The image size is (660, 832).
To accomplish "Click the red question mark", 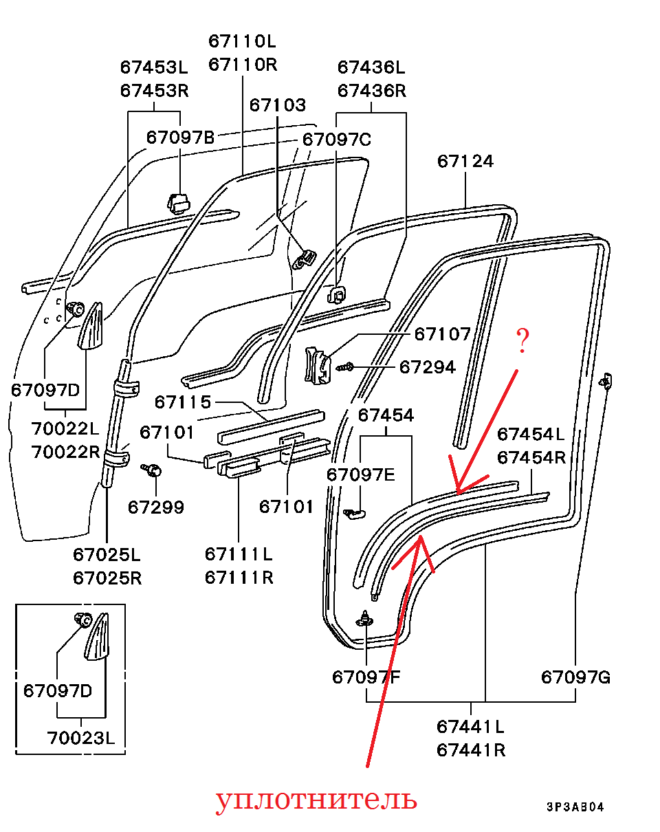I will pyautogui.click(x=522, y=341).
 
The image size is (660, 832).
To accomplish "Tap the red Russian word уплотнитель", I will pyautogui.click(x=316, y=800).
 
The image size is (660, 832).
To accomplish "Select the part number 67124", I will pyautogui.click(x=465, y=161).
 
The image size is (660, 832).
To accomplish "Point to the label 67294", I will pyautogui.click(x=428, y=367).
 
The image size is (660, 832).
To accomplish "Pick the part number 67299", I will pyautogui.click(x=156, y=507).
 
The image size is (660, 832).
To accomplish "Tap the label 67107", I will pyautogui.click(x=443, y=335).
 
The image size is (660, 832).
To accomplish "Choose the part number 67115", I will pyautogui.click(x=183, y=402).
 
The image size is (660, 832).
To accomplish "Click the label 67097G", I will pyautogui.click(x=575, y=677).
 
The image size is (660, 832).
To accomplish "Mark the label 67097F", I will pyautogui.click(x=366, y=677).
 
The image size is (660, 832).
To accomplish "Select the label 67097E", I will pyautogui.click(x=361, y=474).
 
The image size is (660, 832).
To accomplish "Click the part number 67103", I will pyautogui.click(x=278, y=105).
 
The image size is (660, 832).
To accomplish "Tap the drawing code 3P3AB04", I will pyautogui.click(x=575, y=807).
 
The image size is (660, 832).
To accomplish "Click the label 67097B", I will pyautogui.click(x=180, y=138).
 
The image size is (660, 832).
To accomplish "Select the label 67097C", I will pyautogui.click(x=337, y=140).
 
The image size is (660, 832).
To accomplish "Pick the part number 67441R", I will pyautogui.click(x=471, y=749).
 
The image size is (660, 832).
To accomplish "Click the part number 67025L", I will pyautogui.click(x=107, y=554).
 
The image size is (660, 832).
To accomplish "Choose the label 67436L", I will pyautogui.click(x=371, y=67).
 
